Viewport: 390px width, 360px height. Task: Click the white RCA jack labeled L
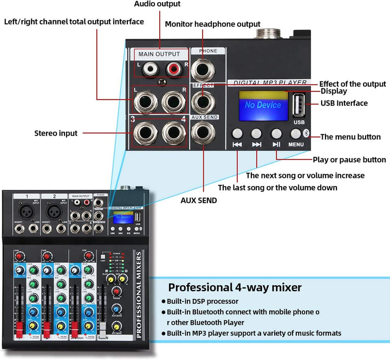coord(148,69)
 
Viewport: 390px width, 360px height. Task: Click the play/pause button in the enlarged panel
coord(276,133)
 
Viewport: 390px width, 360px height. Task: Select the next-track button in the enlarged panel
coord(257,133)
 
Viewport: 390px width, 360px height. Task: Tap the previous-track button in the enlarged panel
coord(237,133)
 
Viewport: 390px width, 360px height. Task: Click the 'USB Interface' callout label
coord(344,103)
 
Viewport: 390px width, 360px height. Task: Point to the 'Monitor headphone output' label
coord(212,24)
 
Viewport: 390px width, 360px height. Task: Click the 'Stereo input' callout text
coord(56,133)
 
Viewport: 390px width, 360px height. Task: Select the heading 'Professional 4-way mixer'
coord(235,287)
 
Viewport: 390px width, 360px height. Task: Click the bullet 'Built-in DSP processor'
coord(202,301)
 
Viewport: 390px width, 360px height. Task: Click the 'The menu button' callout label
coord(350,137)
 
